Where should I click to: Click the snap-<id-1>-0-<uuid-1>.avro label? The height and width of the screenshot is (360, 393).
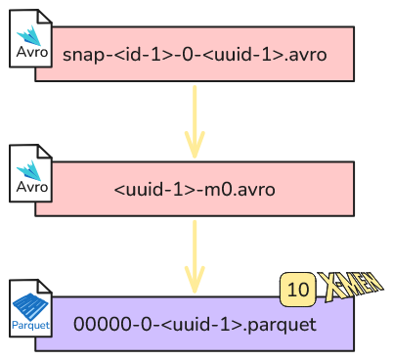pos(195,55)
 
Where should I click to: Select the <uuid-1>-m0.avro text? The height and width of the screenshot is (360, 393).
pos(195,190)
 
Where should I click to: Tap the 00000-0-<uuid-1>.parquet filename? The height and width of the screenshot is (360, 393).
pos(195,325)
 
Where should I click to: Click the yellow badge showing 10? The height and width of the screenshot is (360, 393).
pos(298,290)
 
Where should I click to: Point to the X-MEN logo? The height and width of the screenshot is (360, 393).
pos(350,287)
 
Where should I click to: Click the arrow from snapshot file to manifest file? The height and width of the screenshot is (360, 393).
pos(195,122)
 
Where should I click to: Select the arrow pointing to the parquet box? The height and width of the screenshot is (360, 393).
pos(195,257)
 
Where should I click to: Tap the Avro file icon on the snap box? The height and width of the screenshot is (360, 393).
pos(30,38)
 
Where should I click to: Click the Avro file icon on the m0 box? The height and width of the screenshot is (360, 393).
pos(30,173)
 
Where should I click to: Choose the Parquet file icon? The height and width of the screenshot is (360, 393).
pos(30,308)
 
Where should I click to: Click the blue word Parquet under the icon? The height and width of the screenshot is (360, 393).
pos(30,325)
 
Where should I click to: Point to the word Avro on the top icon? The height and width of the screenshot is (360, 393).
pos(32,52)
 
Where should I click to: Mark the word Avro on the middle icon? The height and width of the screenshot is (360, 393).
pos(32,187)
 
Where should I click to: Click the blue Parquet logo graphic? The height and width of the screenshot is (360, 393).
pos(30,306)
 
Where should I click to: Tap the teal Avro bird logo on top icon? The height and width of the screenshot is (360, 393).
pos(29,35)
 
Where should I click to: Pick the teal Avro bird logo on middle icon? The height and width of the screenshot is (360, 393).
pos(29,170)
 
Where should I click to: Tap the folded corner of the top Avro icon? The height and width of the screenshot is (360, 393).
pos(45,17)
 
